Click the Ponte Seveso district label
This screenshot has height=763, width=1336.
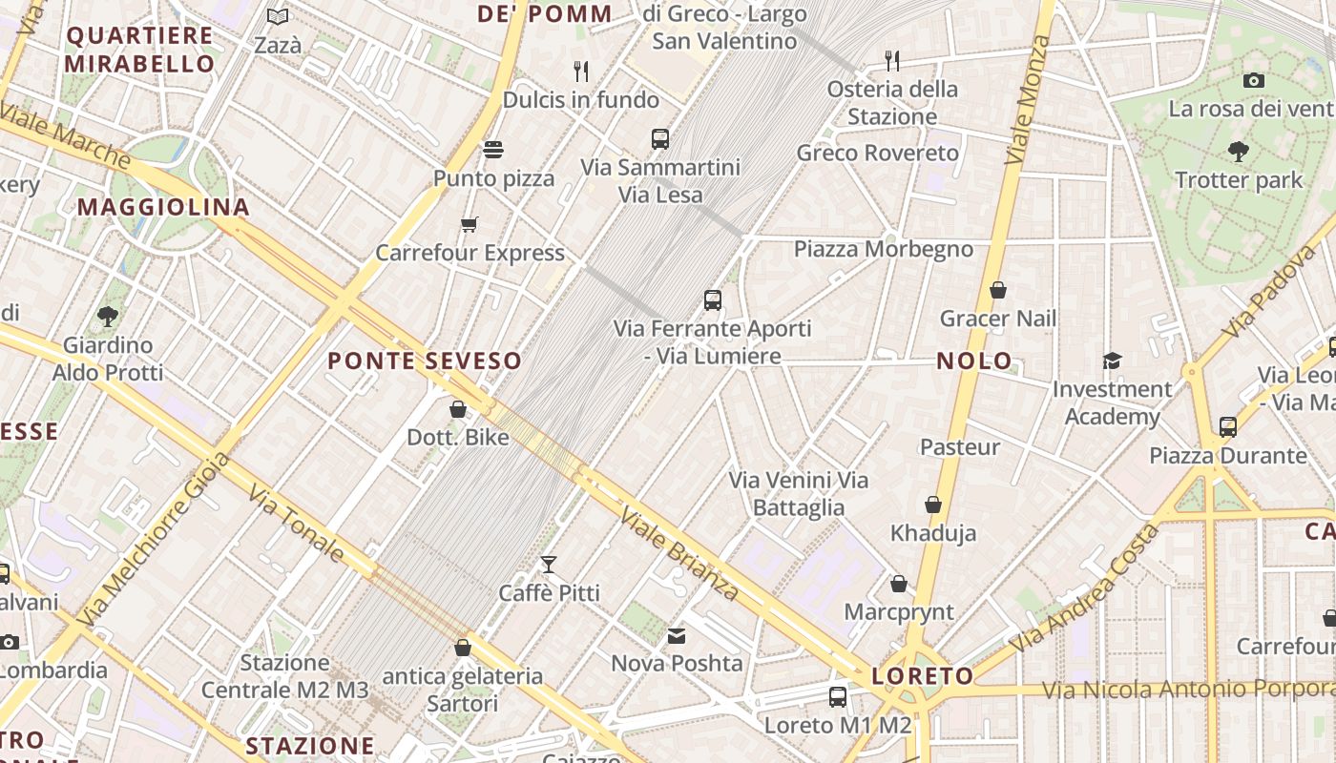tap(425, 361)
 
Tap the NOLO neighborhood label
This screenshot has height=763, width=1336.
tap(973, 361)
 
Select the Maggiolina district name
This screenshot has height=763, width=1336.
tap(163, 207)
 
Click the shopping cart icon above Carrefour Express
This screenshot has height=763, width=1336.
tap(469, 225)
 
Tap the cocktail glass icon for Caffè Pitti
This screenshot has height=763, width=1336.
tap(549, 565)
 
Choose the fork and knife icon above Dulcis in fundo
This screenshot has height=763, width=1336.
tap(580, 71)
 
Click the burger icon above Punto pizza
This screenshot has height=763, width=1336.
tap(493, 150)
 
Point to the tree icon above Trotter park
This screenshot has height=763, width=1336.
tap(1238, 151)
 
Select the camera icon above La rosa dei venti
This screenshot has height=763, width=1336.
tap(1254, 80)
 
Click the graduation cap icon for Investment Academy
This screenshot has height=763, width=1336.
tap(1112, 361)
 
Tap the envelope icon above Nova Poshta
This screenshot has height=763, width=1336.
tap(676, 635)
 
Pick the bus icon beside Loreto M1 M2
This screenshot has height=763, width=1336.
tap(837, 697)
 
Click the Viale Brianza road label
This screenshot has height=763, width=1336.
tap(679, 554)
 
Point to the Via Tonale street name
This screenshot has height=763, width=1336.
tap(297, 524)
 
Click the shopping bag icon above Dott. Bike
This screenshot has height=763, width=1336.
tap(458, 409)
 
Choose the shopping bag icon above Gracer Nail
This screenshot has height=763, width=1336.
tap(998, 290)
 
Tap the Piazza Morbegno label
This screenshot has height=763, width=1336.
tap(884, 250)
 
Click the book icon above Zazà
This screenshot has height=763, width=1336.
tap(278, 17)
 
